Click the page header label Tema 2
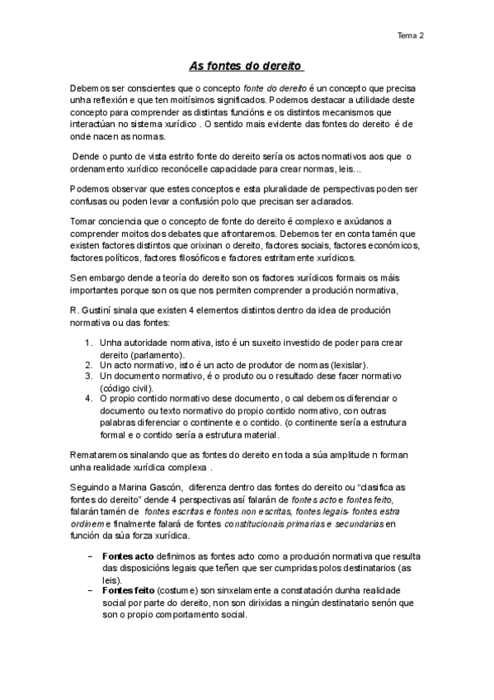click(x=410, y=36)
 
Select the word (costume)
click(x=178, y=593)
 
